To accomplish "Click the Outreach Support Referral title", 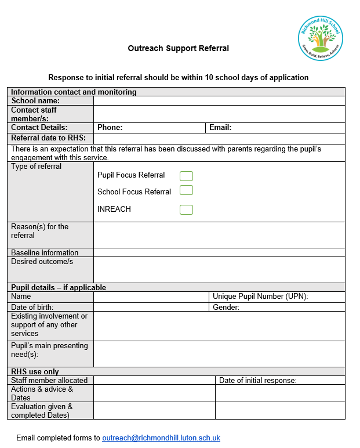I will click(178, 49).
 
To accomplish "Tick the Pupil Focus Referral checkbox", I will click(186, 176).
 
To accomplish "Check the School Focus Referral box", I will click(186, 190).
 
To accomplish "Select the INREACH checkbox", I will click(186, 209).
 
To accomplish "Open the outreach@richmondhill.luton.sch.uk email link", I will click(161, 438).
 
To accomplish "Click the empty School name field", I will click(219, 101).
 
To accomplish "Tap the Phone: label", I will click(110, 128).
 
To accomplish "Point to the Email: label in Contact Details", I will click(220, 128).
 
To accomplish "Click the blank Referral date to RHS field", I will click(219, 138).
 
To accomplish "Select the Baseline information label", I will click(45, 253).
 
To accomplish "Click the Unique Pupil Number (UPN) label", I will click(260, 297).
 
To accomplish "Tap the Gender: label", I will click(226, 308).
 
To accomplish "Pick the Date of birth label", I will click(32, 308).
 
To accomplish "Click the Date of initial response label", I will click(258, 381).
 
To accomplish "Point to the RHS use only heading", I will click(35, 371).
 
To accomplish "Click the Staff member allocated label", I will click(49, 381).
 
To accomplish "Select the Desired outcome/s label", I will click(42, 262).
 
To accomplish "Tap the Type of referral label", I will click(36, 167).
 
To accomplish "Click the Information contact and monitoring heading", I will click(74, 92).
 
